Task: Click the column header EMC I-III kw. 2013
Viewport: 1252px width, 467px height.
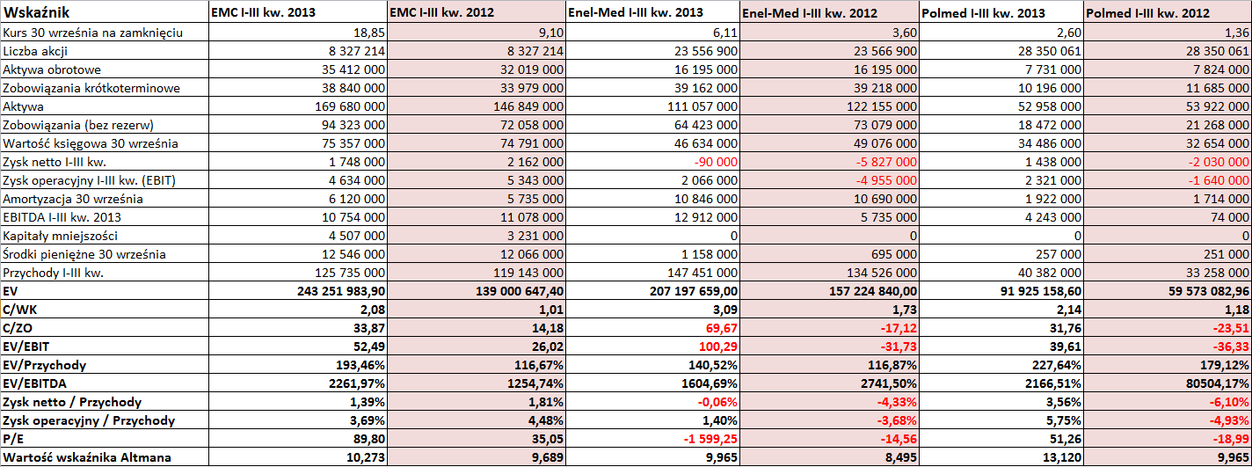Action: point(263,12)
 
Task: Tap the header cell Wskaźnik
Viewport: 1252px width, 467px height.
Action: point(36,12)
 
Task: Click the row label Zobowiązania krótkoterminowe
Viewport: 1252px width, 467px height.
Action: point(91,88)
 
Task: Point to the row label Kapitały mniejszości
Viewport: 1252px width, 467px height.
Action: point(61,236)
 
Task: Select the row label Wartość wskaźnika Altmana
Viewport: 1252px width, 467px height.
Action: point(87,457)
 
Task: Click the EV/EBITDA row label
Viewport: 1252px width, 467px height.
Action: point(34,383)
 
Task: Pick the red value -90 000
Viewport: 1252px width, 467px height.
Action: point(716,162)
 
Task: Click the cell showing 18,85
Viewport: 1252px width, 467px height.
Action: point(369,33)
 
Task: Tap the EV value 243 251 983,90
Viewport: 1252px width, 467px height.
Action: point(341,291)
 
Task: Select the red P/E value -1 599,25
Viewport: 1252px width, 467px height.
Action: point(710,439)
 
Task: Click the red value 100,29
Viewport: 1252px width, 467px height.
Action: point(718,347)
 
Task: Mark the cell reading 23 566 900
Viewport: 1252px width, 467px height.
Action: point(885,51)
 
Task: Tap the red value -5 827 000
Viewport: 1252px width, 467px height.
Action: point(886,162)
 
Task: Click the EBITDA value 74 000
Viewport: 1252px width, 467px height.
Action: point(1230,217)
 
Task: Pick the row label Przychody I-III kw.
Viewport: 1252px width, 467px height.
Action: point(53,273)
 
